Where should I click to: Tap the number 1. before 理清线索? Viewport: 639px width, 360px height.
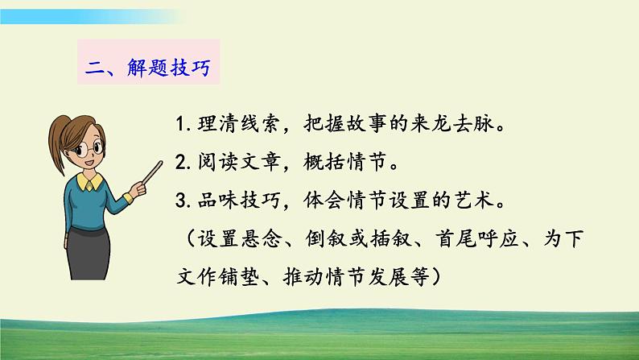tap(181, 126)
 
